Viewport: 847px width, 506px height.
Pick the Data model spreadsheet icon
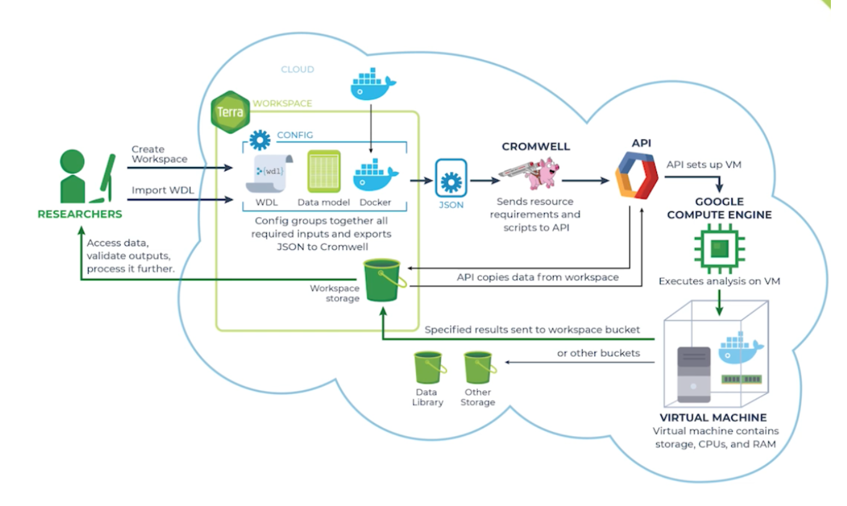[324, 171]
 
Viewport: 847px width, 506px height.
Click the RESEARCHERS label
[80, 215]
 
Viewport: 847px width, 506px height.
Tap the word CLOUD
[297, 69]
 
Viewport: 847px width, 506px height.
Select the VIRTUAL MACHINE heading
[713, 418]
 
